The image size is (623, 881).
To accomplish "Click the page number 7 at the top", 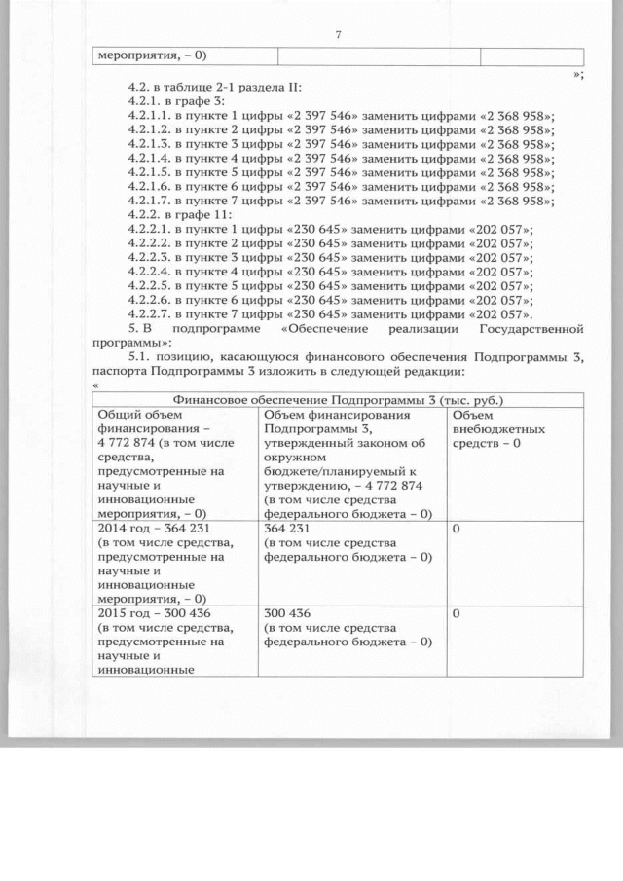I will point(338,34).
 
